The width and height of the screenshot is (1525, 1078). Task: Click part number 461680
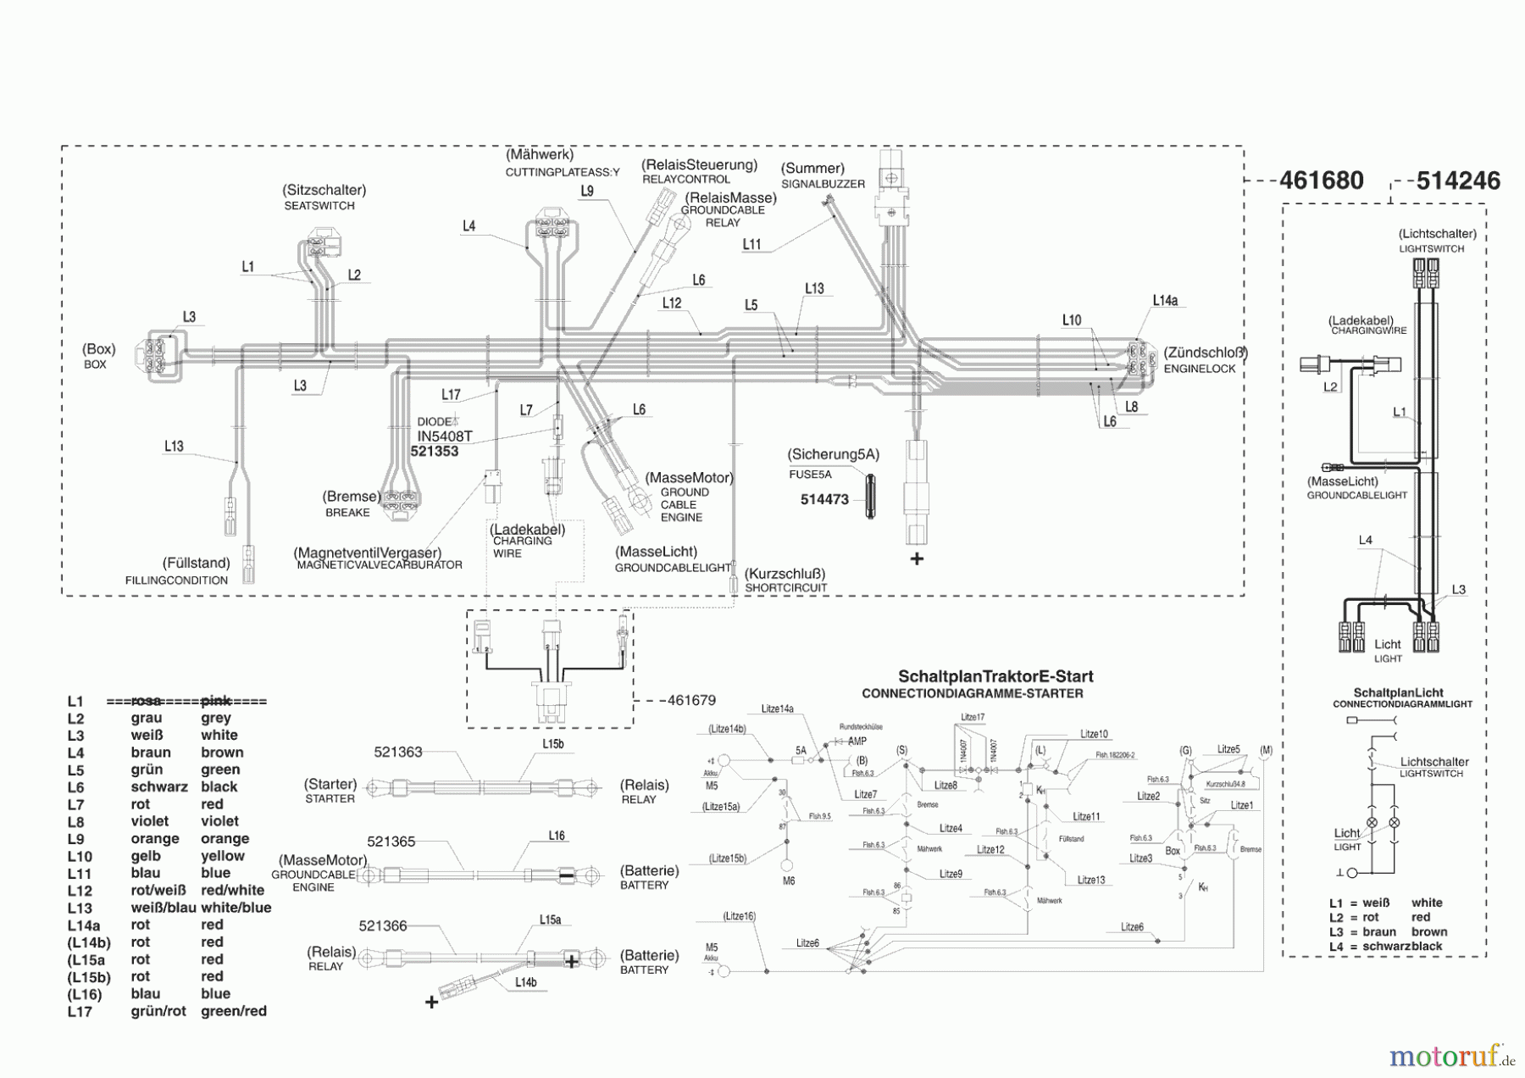coord(1321,181)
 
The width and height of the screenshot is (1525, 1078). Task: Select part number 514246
coord(1458,181)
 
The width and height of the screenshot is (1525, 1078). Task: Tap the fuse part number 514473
coord(824,499)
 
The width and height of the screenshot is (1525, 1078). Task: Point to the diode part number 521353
coord(434,452)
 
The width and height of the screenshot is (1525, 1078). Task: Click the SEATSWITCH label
coord(319,205)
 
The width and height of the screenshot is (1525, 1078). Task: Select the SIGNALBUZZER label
coord(823,183)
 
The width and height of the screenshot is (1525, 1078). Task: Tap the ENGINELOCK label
coord(1199,369)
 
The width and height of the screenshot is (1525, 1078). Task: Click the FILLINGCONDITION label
coord(176,581)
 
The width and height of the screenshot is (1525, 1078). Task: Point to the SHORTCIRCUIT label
coord(785,587)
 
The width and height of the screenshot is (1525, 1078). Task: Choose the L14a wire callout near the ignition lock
coord(1165,301)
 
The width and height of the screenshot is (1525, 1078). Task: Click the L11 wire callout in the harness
coord(751,245)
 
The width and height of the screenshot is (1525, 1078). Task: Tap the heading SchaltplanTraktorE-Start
coord(995,676)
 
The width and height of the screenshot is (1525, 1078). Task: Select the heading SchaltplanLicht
coord(1398,692)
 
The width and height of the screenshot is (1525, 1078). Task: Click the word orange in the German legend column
coord(155,838)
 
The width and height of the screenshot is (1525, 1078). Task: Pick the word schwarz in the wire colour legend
coord(159,786)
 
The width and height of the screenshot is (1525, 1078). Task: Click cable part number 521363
coord(398,752)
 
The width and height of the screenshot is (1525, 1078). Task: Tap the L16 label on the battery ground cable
coord(557,836)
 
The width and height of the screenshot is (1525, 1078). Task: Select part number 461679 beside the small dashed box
coord(691,700)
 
